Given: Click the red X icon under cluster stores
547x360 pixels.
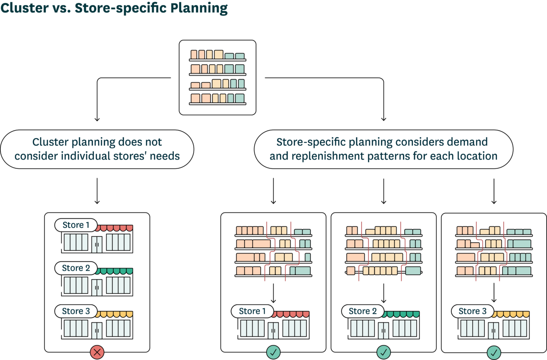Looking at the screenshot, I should click(97, 352).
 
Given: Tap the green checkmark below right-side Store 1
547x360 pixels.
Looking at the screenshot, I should click(273, 352).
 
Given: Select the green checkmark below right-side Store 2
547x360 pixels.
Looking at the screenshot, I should click(384, 352).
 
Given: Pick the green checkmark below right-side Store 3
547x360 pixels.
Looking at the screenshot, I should click(494, 352).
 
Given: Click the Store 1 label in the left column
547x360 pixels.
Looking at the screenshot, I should click(76, 225).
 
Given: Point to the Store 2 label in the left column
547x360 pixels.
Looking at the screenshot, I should click(76, 268).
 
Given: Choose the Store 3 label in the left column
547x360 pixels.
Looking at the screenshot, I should click(76, 311).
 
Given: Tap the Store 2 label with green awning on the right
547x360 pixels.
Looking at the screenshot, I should click(363, 311).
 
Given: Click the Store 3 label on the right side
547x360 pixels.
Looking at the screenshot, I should click(473, 311).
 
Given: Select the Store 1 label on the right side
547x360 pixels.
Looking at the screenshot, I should click(253, 311).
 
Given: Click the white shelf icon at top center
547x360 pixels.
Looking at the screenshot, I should click(218, 77).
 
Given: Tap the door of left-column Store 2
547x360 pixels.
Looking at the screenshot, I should click(97, 287).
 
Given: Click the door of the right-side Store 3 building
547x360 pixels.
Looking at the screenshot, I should click(494, 330).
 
